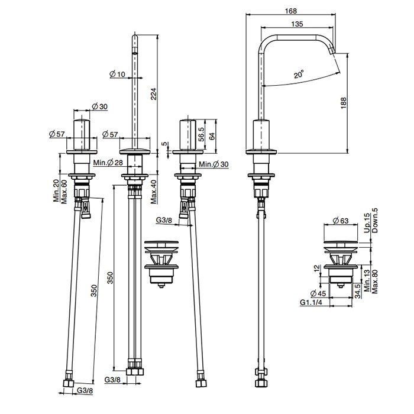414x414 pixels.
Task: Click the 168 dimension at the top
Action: [291, 11]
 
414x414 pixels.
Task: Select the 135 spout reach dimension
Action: [297, 24]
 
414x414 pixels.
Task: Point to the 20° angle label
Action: [299, 74]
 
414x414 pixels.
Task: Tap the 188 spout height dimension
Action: [343, 103]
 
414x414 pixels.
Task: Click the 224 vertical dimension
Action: [154, 93]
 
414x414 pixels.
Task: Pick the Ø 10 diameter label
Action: [117, 74]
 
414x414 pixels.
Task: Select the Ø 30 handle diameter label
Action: [99, 106]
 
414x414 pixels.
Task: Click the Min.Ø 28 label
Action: [108, 163]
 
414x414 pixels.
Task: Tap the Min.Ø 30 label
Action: [214, 164]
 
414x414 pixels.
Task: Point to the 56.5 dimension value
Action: [201, 134]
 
